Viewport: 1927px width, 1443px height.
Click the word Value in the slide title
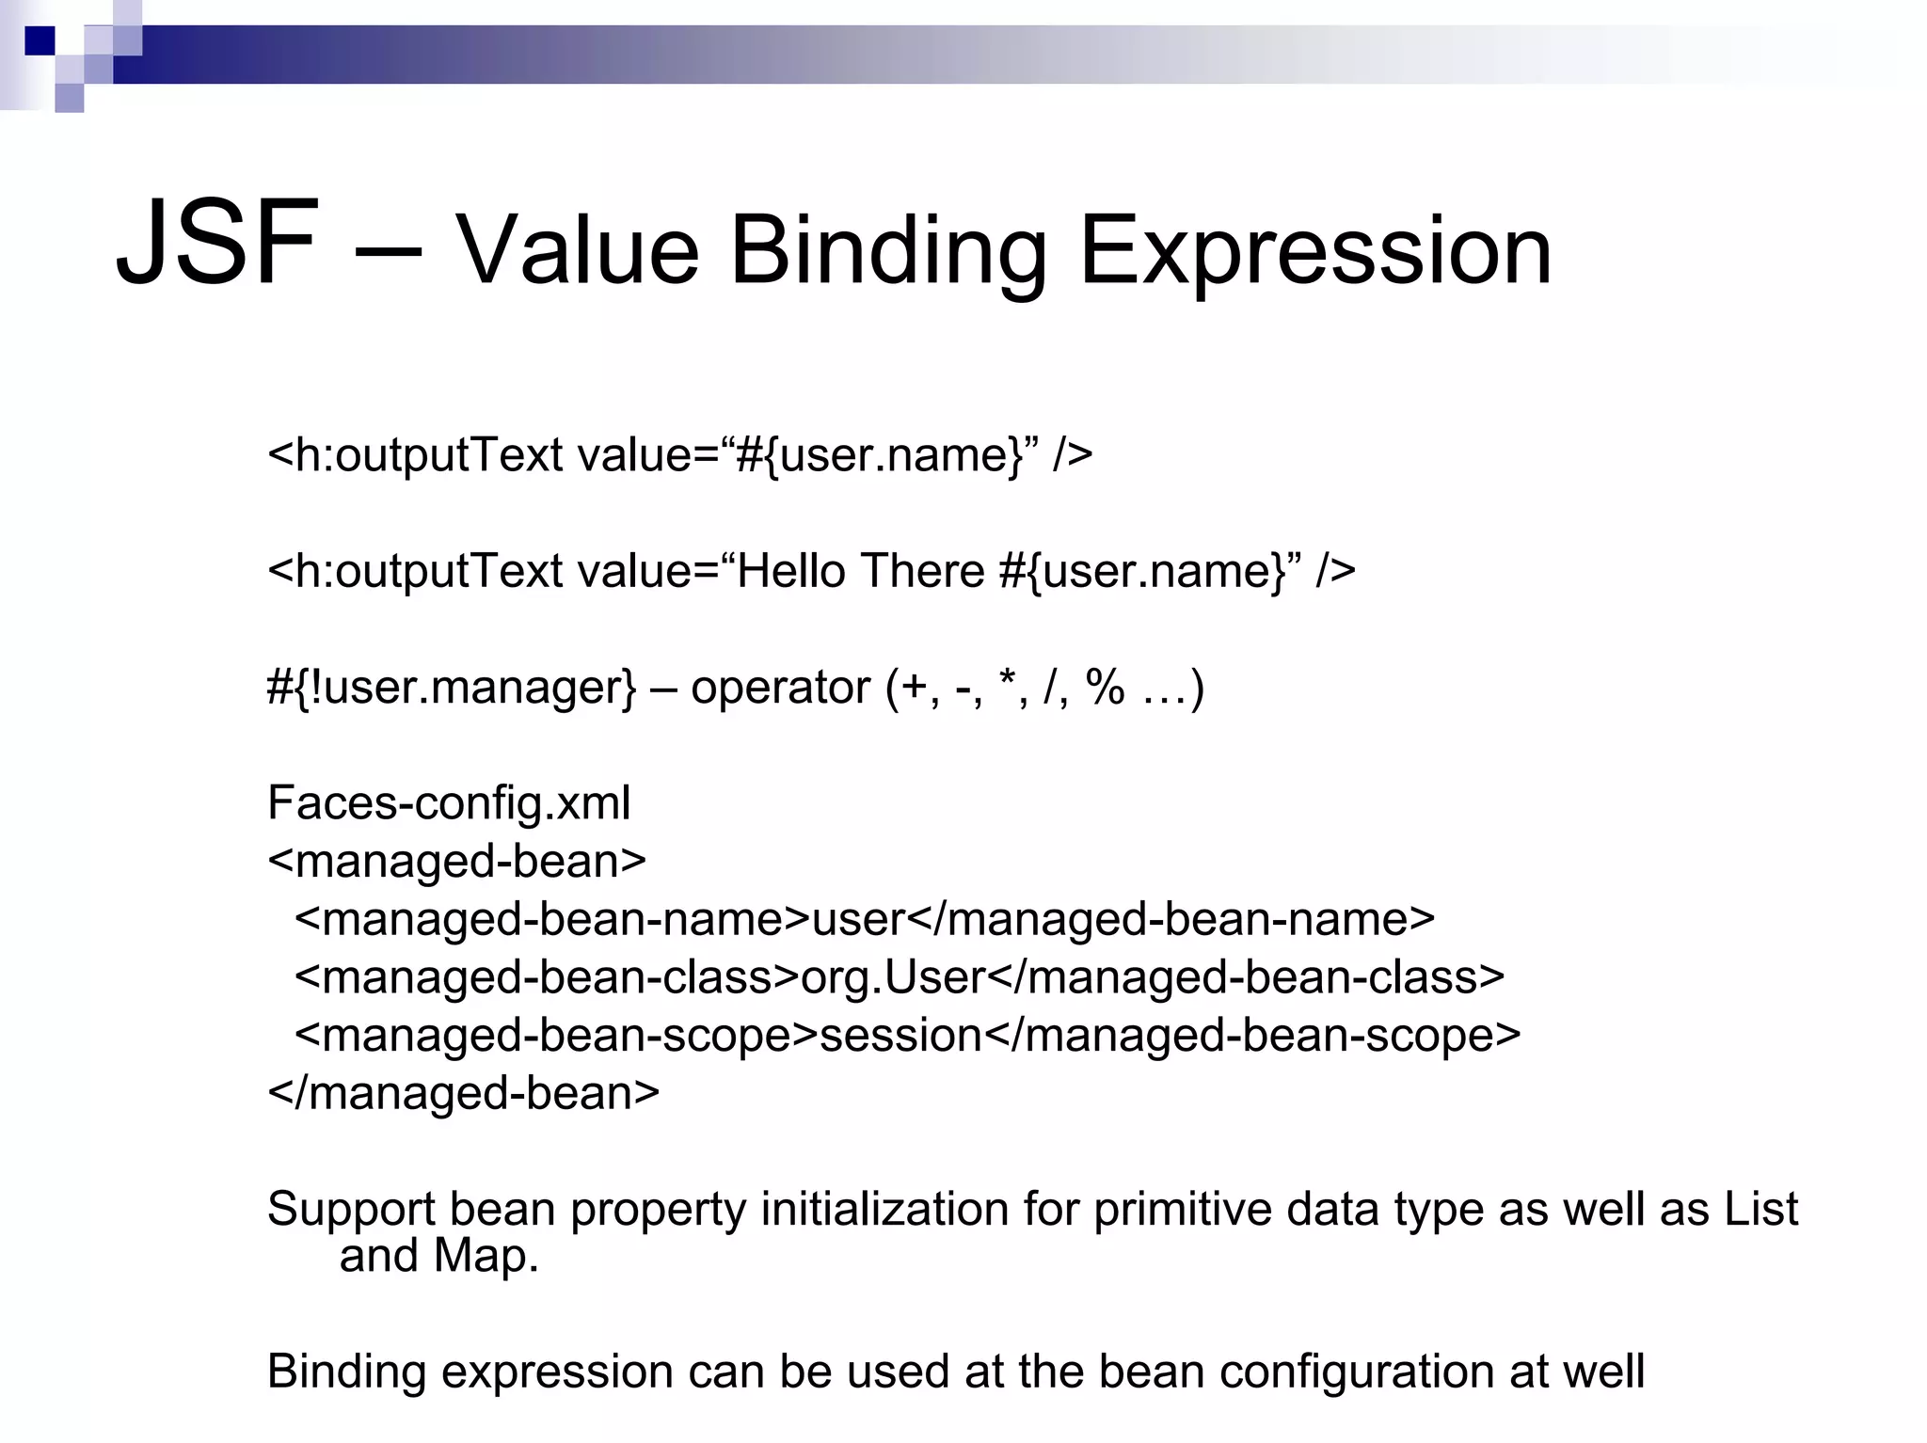point(577,252)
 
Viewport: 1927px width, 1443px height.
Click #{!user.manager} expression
point(452,688)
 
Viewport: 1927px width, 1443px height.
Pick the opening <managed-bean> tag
point(457,862)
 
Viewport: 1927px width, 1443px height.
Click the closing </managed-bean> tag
point(463,1093)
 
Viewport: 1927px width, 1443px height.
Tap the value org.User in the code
point(892,977)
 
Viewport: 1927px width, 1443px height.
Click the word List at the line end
point(1760,1209)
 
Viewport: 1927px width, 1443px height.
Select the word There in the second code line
point(921,571)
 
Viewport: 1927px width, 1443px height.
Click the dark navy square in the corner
point(40,41)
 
